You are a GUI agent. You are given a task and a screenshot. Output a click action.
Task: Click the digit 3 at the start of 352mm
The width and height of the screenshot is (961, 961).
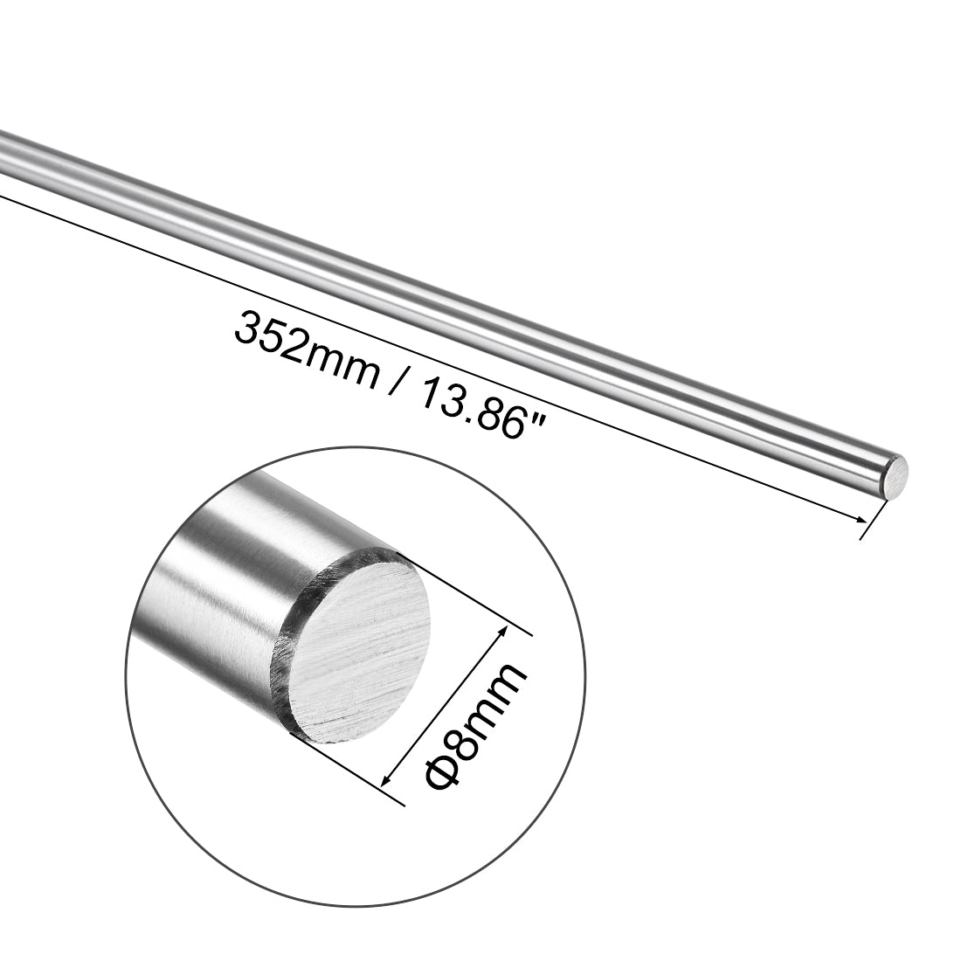point(246,331)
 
